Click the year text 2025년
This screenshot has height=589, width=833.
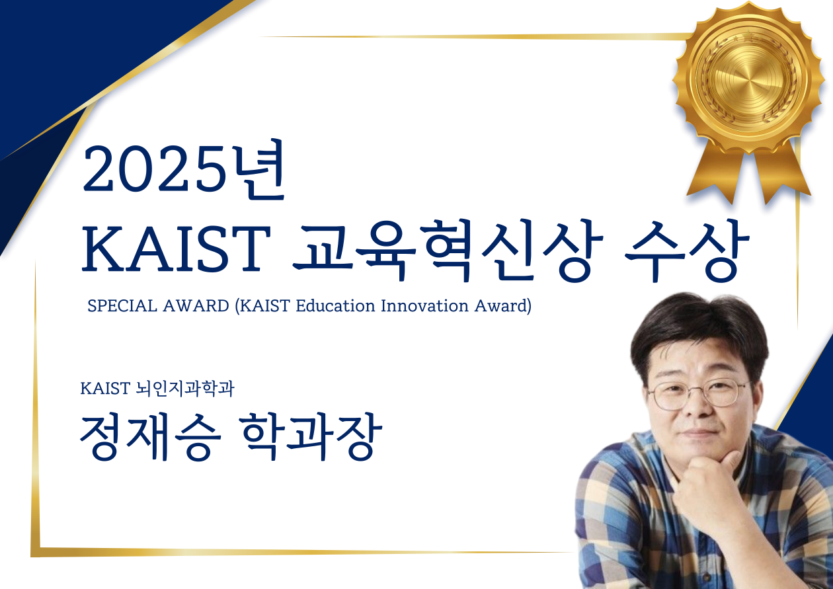184,169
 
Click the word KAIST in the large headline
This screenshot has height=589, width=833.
176,249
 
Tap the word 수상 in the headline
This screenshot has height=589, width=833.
686,251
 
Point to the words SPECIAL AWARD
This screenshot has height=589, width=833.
159,306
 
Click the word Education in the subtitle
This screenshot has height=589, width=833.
335,306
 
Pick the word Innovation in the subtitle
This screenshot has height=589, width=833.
424,306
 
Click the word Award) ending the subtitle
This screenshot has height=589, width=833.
502,307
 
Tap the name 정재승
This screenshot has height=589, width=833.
151,438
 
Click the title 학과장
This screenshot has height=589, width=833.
311,438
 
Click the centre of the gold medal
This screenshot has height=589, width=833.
748,77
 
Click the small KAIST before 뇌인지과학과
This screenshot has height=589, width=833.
105,389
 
